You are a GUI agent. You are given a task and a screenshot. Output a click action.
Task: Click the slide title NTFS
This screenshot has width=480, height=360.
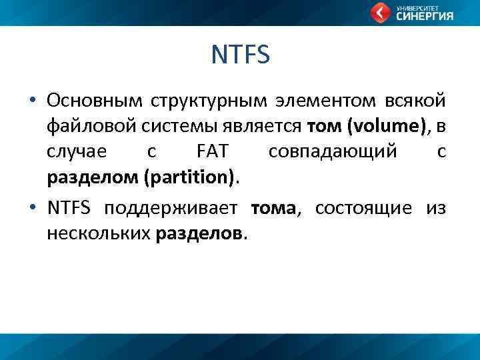point(240,55)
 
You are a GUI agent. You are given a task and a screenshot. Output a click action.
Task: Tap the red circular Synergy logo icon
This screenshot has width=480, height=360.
point(381,13)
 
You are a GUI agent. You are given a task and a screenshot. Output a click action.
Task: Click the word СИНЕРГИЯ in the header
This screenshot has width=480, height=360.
point(425,17)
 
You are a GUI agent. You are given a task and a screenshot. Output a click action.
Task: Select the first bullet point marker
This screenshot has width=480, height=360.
point(31,101)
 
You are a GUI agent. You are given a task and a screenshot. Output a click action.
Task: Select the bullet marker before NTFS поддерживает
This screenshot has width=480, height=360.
point(31,209)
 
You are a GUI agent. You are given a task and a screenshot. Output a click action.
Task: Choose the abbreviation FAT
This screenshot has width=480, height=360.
point(213,152)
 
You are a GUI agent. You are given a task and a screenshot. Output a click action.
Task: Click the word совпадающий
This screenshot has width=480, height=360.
point(333,152)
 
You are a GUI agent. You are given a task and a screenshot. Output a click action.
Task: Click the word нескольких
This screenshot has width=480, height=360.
point(99,234)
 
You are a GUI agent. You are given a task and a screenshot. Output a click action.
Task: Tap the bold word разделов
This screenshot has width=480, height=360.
point(201,234)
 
